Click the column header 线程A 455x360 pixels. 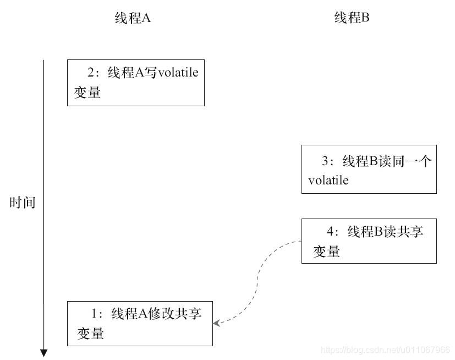pyautogui.click(x=133, y=18)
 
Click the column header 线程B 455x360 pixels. pyautogui.click(x=352, y=18)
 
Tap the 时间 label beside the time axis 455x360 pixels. pyautogui.click(x=23, y=203)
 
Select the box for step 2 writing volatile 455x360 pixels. pyautogui.click(x=135, y=83)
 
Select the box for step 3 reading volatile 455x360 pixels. pyautogui.click(x=369, y=170)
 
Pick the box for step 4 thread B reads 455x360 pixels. pyautogui.click(x=369, y=241)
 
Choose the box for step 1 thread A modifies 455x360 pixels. pyautogui.click(x=140, y=323)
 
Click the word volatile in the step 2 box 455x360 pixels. pyautogui.click(x=178, y=73)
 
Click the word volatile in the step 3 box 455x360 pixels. pyautogui.click(x=328, y=181)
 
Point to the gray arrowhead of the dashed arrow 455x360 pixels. pyautogui.click(x=216, y=323)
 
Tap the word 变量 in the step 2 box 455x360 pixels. pyautogui.click(x=87, y=92)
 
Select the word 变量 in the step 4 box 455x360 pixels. pyautogui.click(x=326, y=252)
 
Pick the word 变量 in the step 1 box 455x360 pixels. pyautogui.click(x=90, y=333)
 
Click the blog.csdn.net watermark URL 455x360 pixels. pyautogui.click(x=385, y=350)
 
